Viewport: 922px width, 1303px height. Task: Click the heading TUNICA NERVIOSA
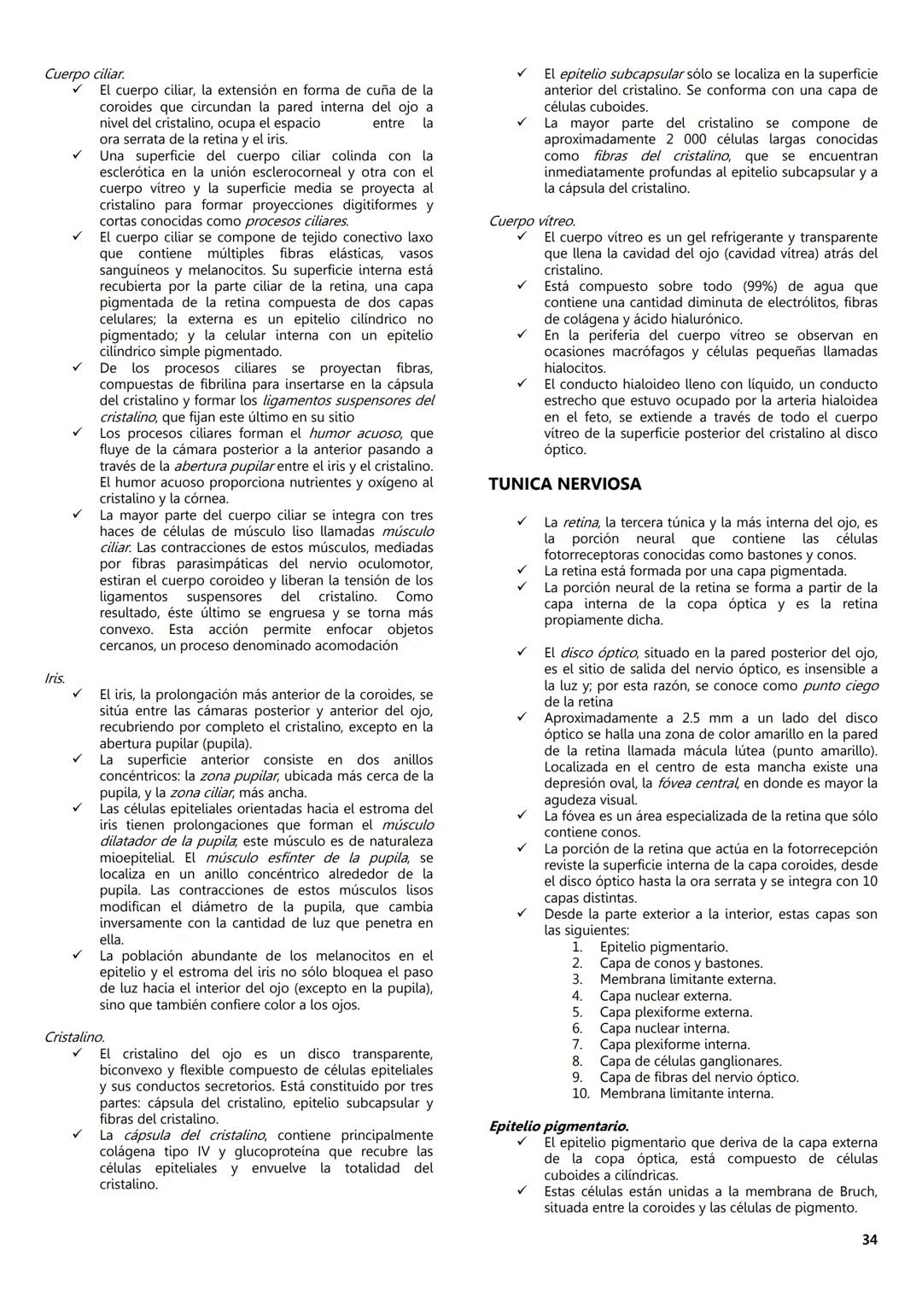564,484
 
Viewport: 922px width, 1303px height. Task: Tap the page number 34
869,1240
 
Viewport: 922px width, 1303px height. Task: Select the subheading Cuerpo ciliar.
85,73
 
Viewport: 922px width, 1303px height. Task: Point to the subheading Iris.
55,678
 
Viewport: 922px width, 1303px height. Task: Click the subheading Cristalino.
74,1038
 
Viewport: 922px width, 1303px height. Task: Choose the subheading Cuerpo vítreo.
531,221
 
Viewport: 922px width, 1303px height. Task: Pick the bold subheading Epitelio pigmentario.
558,1126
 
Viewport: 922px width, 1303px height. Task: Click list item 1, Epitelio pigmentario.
663,947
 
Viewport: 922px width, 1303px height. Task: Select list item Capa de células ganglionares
690,1062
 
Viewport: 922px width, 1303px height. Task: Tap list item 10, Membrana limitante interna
686,1094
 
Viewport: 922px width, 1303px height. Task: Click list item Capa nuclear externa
665,996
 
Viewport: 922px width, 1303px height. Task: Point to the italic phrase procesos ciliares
296,221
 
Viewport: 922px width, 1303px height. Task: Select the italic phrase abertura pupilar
224,466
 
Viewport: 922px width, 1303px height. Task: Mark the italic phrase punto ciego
840,686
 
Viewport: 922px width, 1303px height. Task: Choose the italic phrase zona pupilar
238,777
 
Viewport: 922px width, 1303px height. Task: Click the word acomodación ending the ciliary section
347,646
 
